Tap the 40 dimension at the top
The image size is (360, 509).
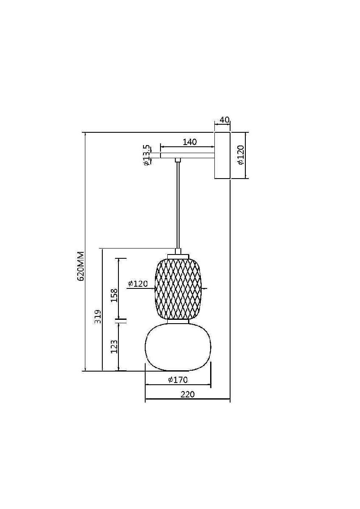click(x=225, y=120)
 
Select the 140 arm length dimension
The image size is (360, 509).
click(x=190, y=142)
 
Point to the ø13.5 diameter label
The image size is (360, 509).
click(x=147, y=155)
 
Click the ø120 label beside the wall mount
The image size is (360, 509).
click(x=240, y=155)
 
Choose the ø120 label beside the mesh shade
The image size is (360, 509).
click(x=138, y=284)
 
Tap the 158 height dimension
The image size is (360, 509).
click(x=114, y=295)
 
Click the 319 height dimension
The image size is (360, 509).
click(x=98, y=316)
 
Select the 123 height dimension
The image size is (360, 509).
click(x=114, y=346)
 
